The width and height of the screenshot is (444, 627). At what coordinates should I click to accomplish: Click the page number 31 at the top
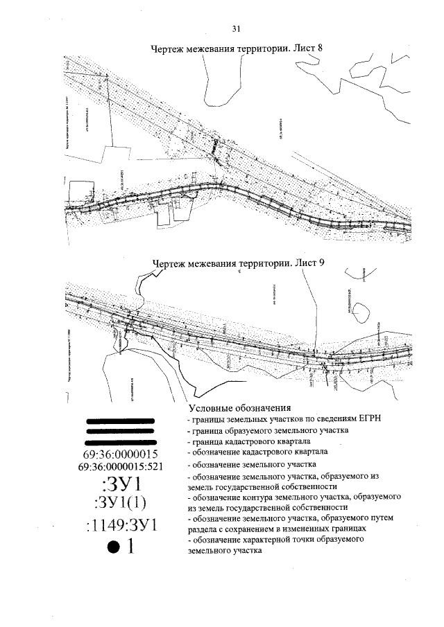click(x=236, y=28)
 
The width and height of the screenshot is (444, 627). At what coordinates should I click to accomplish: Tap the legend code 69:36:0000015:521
click(x=121, y=467)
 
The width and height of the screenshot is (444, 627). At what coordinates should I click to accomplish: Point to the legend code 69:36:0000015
click(x=121, y=454)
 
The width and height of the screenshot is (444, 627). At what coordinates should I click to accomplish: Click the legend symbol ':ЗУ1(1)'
click(x=121, y=501)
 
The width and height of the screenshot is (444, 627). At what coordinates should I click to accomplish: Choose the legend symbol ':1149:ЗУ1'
click(x=121, y=524)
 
